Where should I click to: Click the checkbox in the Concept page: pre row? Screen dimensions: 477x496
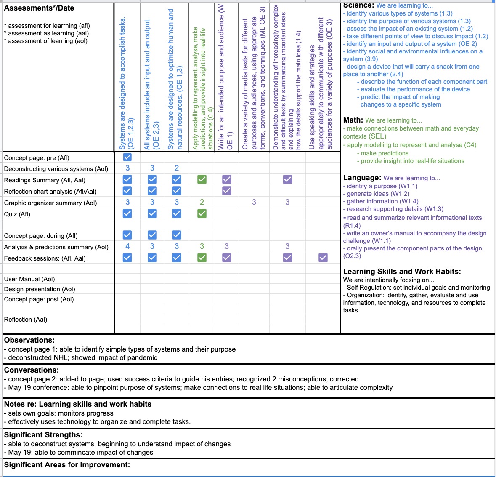click(x=127, y=157)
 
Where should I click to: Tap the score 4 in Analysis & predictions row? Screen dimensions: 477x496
click(x=127, y=246)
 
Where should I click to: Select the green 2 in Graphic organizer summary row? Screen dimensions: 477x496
click(x=202, y=202)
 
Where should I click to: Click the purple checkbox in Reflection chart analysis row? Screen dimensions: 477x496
click(x=227, y=191)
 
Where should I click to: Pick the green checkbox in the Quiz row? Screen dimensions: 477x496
click(x=202, y=213)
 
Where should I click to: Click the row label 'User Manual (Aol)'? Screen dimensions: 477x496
click(x=29, y=279)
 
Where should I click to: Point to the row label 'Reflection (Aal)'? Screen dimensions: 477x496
click(x=26, y=320)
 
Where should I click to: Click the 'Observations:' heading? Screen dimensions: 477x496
click(x=29, y=340)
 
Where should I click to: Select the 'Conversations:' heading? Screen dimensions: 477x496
click(x=32, y=370)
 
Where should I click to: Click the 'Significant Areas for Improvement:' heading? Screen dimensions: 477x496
click(x=67, y=465)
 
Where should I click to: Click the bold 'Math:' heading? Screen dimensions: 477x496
click(x=353, y=120)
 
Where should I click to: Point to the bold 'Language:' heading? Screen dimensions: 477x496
click(x=362, y=178)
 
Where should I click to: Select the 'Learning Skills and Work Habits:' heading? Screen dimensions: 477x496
click(x=402, y=272)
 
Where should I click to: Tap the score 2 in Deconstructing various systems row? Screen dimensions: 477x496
click(x=177, y=168)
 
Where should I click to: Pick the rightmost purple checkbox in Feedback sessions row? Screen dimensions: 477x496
click(x=323, y=257)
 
